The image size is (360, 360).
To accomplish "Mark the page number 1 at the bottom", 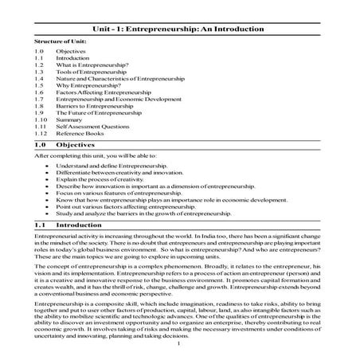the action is [x=180, y=344].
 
